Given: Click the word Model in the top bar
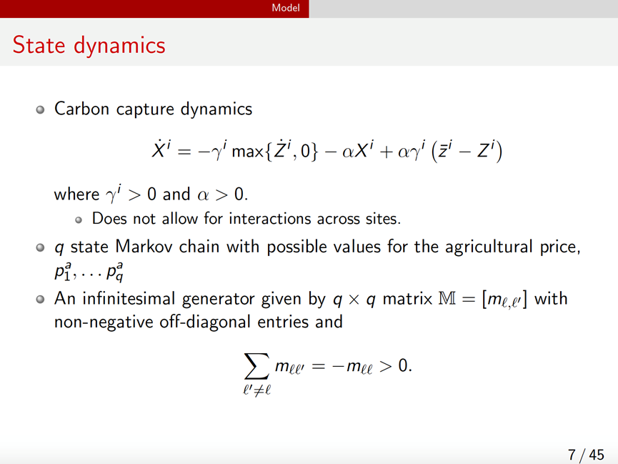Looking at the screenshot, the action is (x=285, y=8).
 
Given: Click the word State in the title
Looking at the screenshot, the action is (x=39, y=45).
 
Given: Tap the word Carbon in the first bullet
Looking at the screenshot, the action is (x=81, y=109).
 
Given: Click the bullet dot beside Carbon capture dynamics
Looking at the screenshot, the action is (x=40, y=109).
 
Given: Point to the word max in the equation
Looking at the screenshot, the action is (x=247, y=151).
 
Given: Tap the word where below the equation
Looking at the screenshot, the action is (x=76, y=194).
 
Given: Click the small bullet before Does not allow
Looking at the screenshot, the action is (x=79, y=220).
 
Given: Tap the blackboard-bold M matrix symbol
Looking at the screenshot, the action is (x=447, y=299).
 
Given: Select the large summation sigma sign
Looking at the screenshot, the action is (x=256, y=366).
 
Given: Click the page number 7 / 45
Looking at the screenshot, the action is (x=586, y=455).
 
